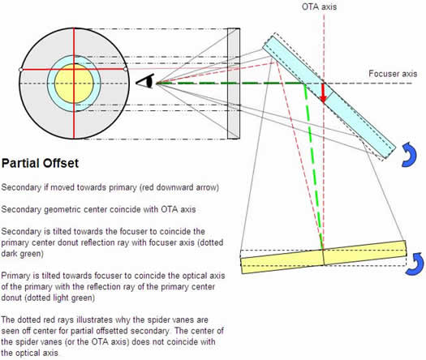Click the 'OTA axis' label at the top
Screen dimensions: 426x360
tap(319, 6)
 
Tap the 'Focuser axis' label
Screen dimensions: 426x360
tap(393, 74)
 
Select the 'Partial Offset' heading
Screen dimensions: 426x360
tap(40, 163)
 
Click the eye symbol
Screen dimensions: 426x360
tap(145, 81)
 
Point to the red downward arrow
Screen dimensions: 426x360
tap(323, 92)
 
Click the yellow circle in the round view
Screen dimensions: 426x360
tap(74, 84)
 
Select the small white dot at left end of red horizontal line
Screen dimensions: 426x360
tap(21, 70)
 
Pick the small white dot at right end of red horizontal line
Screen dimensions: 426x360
tap(126, 69)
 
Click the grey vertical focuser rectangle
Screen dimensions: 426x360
tap(234, 84)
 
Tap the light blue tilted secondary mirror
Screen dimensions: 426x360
tap(329, 97)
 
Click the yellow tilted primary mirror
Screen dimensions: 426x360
tap(324, 257)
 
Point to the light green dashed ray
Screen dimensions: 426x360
tap(314, 166)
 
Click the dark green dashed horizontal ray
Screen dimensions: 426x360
tap(230, 84)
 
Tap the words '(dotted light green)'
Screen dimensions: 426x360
tap(48, 298)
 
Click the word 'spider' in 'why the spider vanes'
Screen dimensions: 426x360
tap(157, 319)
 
